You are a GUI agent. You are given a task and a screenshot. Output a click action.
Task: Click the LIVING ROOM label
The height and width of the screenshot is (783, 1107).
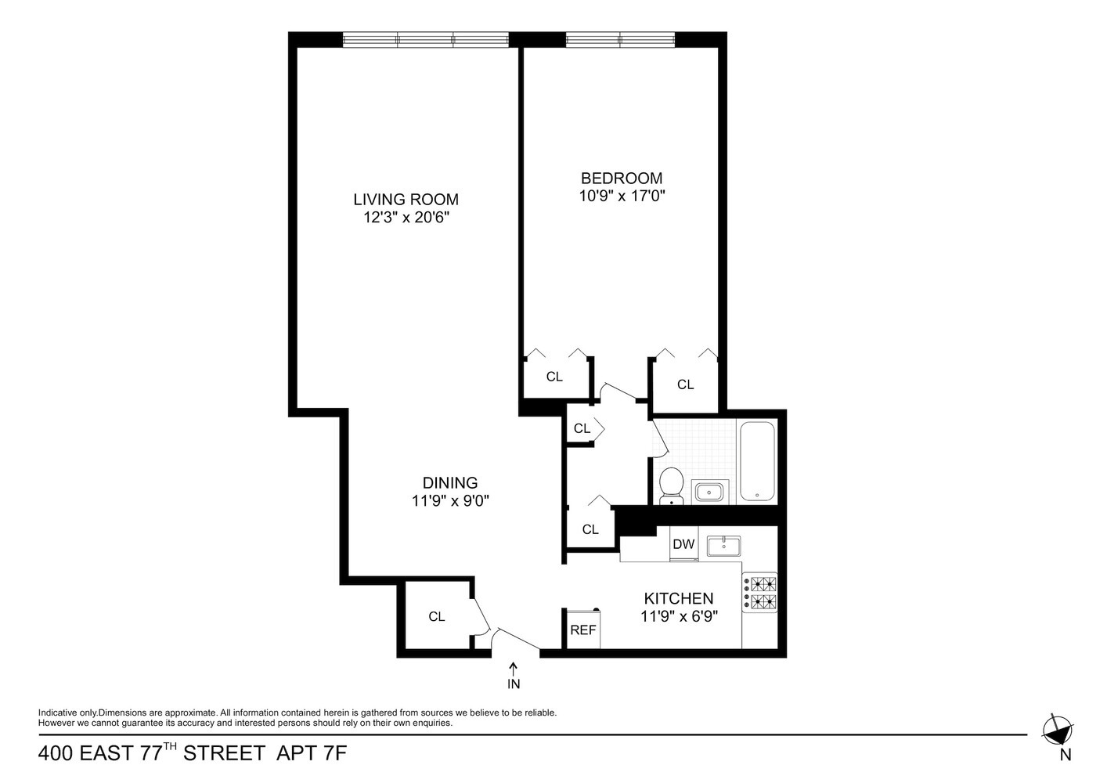[x=406, y=199]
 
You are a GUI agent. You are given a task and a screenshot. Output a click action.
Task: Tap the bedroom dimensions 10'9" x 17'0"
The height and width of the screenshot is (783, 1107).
[x=622, y=196]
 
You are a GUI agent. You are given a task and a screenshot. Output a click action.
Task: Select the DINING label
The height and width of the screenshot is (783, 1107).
[x=449, y=483]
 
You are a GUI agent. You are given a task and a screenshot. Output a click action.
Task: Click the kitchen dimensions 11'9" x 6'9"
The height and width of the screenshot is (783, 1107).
[x=679, y=616]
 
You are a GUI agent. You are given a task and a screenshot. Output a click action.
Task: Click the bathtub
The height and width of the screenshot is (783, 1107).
[x=757, y=461]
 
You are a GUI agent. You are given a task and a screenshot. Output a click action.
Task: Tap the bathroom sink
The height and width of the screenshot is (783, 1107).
[x=710, y=492]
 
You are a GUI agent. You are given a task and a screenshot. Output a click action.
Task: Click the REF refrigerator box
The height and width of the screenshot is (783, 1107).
[x=583, y=630]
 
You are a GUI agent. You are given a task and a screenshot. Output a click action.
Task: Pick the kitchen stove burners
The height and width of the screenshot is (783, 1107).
[x=760, y=593]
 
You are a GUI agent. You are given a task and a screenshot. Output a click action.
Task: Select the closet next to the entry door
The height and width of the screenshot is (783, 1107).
[x=436, y=616]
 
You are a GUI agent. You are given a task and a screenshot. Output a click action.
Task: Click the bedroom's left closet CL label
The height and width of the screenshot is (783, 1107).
[x=554, y=377]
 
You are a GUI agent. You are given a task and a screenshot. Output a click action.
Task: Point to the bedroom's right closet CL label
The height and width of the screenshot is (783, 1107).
[x=685, y=384]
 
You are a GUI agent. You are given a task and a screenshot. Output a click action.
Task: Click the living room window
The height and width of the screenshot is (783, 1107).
[x=425, y=39]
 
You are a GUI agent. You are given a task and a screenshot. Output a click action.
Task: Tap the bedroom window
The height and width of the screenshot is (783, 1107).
[x=620, y=39]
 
